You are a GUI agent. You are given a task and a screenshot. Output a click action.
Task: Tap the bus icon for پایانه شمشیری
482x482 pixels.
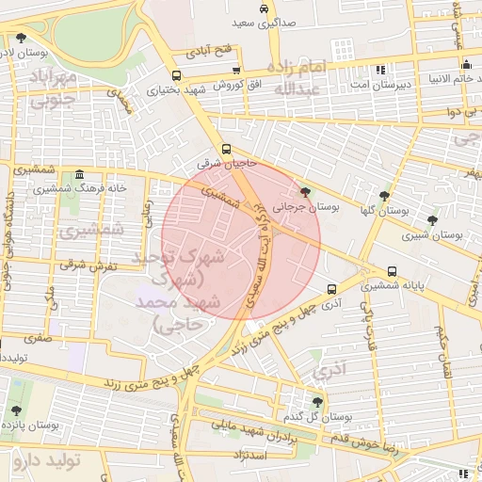(392, 272)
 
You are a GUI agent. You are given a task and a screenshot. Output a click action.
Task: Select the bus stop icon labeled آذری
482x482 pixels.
(330, 289)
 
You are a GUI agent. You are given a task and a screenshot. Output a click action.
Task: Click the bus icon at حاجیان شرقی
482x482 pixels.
(226, 149)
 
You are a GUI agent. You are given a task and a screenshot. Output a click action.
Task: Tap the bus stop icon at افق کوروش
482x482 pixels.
(236, 70)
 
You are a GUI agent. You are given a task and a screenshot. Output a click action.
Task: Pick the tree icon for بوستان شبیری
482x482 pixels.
(432, 221)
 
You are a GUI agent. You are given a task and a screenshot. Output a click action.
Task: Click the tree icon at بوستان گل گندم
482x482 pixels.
(305, 401)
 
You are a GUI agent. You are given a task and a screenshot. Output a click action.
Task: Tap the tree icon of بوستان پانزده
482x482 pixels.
(17, 410)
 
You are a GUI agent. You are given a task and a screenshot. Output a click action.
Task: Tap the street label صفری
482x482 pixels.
(39, 335)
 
